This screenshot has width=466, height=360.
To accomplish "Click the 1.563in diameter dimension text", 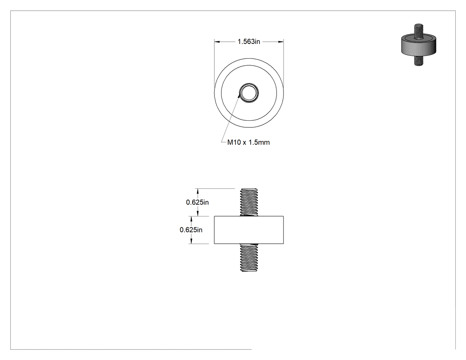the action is pos(249,42).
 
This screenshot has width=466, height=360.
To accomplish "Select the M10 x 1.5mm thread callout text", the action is pos(249,142).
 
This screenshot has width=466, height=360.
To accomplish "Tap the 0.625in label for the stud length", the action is pos(197,202).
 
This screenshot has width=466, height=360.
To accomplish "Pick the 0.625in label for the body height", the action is pos(191,230).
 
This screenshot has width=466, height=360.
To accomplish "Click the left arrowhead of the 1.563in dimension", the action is pos(217,42).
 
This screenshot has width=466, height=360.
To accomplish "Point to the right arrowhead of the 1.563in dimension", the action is pos(281,42).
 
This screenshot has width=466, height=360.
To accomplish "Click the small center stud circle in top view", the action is pos(249,93).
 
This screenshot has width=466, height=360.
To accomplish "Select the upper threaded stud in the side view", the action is pos(249,202).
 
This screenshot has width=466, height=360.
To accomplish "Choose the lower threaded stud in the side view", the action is pos(249,258).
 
